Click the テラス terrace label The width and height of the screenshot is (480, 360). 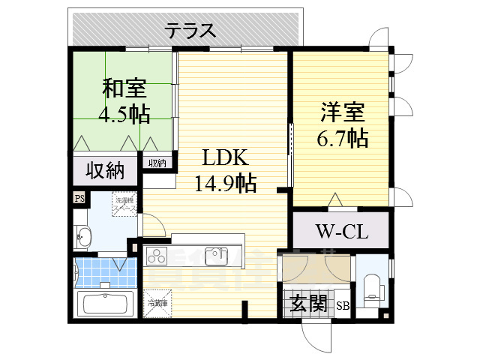point(190,31)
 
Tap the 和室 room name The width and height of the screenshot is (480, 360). point(124,88)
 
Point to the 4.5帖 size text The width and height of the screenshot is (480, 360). point(124,114)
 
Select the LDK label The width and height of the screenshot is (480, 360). point(223,158)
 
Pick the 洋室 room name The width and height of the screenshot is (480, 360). point(342,113)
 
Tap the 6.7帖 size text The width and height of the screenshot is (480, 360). point(342,138)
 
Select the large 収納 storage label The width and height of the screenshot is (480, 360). point(104,171)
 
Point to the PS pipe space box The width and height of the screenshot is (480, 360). point(79,198)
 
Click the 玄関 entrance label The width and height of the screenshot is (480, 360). point(307,304)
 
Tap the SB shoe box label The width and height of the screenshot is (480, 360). point(342,305)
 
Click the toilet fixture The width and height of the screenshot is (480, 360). point(373,286)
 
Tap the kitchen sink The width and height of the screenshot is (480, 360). point(217,256)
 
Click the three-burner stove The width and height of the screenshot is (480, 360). point(159,257)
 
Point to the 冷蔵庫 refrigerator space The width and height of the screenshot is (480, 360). point(157,304)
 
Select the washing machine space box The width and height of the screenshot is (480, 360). point(124,205)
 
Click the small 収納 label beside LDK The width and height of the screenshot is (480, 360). point(157,163)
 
